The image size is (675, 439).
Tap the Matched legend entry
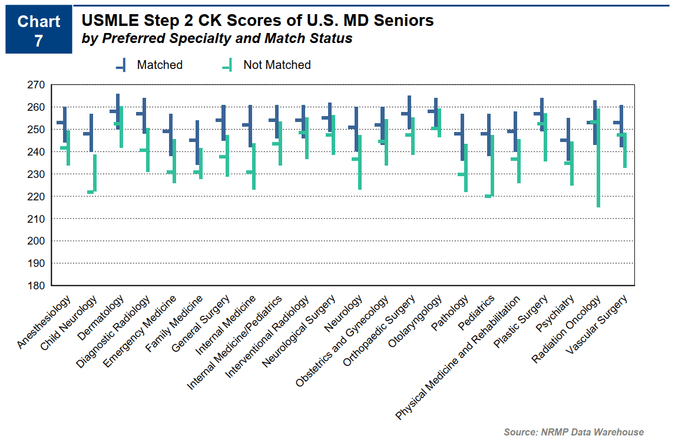click(150, 65)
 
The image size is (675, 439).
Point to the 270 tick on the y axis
click(36, 85)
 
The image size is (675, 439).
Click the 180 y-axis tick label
click(36, 286)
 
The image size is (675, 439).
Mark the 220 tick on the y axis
click(36, 196)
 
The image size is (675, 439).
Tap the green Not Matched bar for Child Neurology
click(94, 174)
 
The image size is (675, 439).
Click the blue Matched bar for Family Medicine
click(197, 143)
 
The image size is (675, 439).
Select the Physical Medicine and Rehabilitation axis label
click(459, 357)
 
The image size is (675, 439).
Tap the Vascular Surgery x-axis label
click(598, 324)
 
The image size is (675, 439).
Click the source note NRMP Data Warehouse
click(574, 432)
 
